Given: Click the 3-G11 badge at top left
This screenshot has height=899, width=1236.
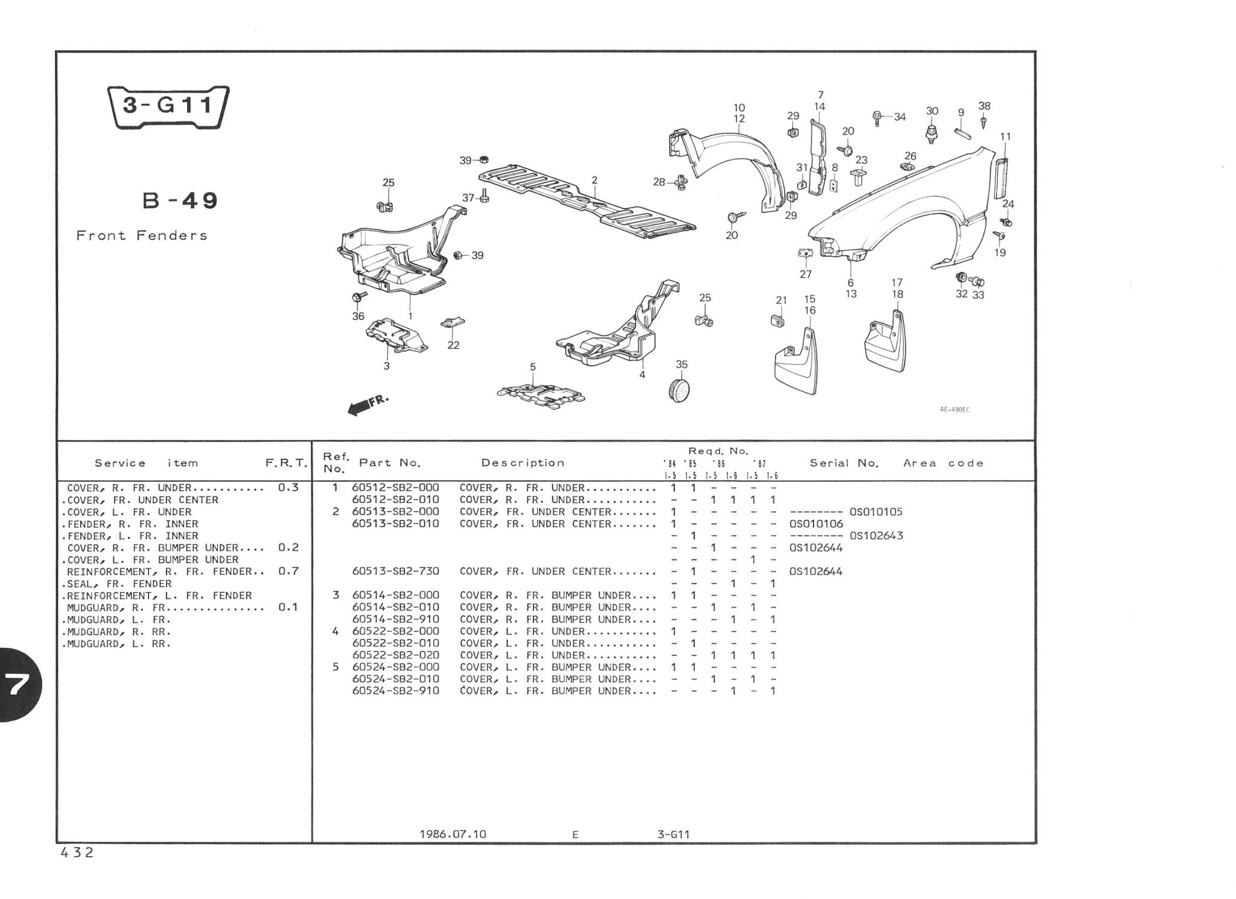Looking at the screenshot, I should pyautogui.click(x=168, y=107).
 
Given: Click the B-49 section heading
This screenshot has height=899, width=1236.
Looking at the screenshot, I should pyautogui.click(x=180, y=200).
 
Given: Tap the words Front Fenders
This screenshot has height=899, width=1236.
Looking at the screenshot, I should pyautogui.click(x=142, y=235).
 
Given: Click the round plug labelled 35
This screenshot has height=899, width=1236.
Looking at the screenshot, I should pyautogui.click(x=681, y=389).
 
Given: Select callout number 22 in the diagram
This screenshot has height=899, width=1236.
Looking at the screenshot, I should pyautogui.click(x=453, y=345).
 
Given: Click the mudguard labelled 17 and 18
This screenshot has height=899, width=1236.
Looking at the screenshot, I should pyautogui.click(x=886, y=341).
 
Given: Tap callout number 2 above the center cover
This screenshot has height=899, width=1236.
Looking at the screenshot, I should pyautogui.click(x=594, y=180).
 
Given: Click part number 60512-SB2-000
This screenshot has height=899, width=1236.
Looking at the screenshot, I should pyautogui.click(x=395, y=488).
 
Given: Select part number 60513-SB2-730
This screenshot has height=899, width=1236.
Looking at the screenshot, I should pyautogui.click(x=395, y=571).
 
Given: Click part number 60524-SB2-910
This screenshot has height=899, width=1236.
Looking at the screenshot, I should pyautogui.click(x=395, y=691).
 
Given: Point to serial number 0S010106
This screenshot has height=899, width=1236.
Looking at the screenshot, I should pyautogui.click(x=816, y=523).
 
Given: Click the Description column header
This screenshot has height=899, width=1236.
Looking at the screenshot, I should pyautogui.click(x=523, y=463).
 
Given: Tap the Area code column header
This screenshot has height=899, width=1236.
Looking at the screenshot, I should pyautogui.click(x=943, y=463).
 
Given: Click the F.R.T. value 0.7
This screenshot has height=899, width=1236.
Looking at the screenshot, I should pyautogui.click(x=288, y=571).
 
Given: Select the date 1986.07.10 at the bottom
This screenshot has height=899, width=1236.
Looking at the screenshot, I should pyautogui.click(x=453, y=834).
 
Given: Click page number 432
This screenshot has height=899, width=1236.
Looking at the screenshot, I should pyautogui.click(x=77, y=853).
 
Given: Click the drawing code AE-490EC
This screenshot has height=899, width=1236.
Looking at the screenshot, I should pyautogui.click(x=954, y=410).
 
